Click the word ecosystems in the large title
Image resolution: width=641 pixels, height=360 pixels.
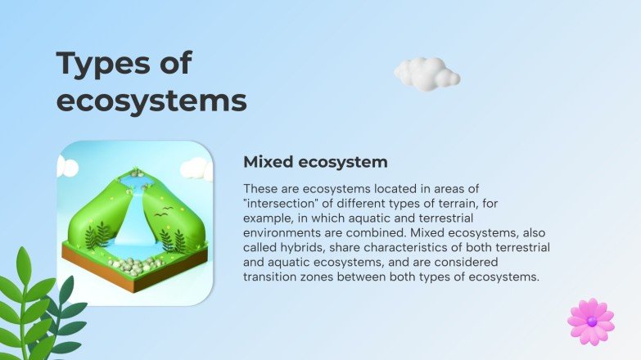point(151,101)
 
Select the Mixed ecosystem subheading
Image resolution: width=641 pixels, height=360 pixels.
point(315,161)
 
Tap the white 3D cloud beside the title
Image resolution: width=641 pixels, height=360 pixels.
point(426,74)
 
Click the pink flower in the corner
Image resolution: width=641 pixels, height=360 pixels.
point(591,321)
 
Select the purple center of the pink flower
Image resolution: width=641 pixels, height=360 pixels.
point(592,321)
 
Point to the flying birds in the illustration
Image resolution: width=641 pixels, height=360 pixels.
point(164,214)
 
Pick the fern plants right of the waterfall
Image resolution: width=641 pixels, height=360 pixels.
point(172,239)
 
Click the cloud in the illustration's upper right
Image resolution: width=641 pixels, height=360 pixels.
point(196,169)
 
